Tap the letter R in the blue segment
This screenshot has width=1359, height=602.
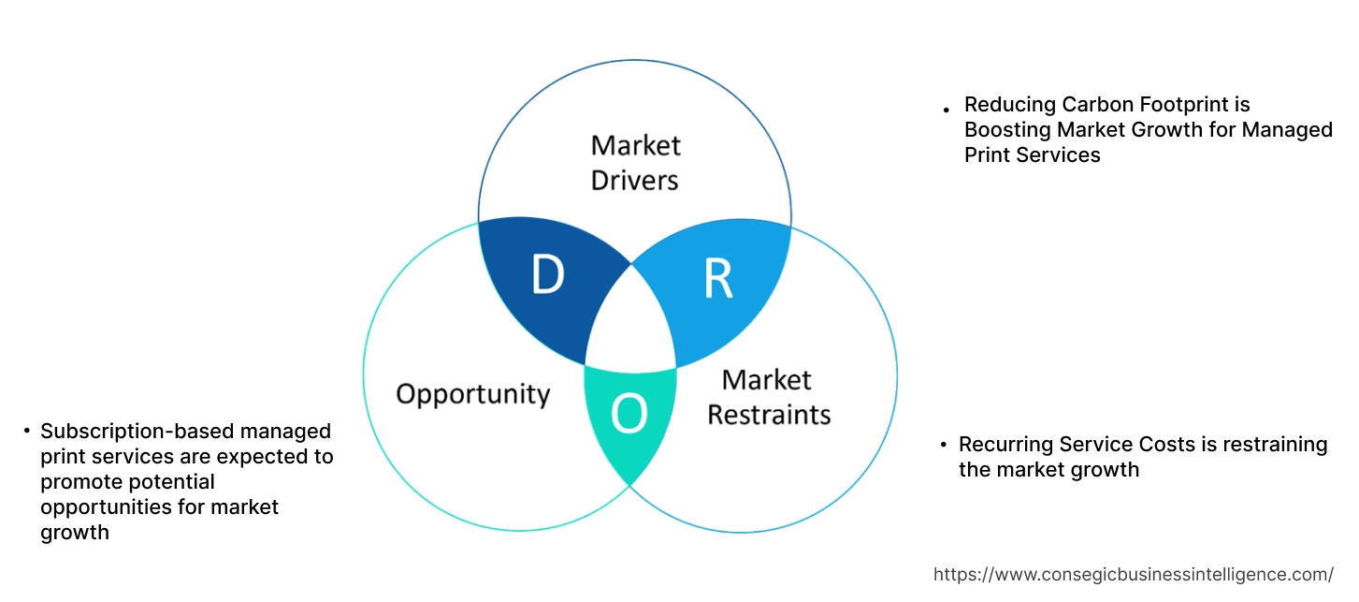tap(717, 278)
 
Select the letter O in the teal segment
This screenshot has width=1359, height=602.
tap(629, 415)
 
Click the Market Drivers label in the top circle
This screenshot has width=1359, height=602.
tap(635, 162)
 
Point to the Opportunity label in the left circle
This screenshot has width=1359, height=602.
tap(472, 394)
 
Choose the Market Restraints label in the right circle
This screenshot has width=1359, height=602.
tap(768, 397)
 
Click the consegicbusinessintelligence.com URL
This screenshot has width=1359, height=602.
tap(1134, 575)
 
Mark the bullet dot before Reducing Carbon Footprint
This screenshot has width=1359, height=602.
tap(947, 110)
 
